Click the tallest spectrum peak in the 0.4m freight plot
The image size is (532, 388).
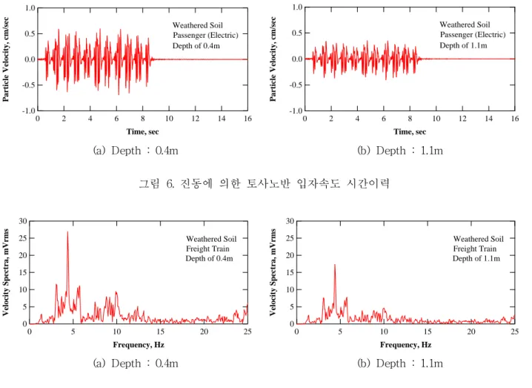coord(67,232)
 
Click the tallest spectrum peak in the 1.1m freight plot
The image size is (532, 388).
coord(335,265)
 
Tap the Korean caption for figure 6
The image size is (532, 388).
coord(264,183)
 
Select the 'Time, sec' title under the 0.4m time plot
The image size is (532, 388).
coord(142,131)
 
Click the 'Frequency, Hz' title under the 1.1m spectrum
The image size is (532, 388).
coord(406,344)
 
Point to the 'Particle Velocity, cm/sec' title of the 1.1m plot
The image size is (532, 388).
coord(273,59)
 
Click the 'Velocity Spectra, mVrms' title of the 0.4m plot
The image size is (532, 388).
coord(5,272)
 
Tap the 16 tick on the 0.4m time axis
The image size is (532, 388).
coord(247,118)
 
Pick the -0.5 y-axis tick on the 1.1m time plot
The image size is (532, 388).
coord(295,85)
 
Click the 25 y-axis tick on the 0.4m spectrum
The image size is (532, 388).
coord(23,238)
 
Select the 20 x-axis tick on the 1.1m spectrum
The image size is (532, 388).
coord(471,332)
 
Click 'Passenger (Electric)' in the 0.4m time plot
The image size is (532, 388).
coord(205,35)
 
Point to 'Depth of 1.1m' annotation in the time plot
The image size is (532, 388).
coord(463,45)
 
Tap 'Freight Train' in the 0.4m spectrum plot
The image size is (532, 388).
coord(207,249)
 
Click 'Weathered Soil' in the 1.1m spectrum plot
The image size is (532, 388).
coord(479,239)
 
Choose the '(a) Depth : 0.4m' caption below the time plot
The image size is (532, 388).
coord(136,150)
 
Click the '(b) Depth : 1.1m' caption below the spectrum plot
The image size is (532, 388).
coord(400,364)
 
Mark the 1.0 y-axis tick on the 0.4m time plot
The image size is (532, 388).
coord(30,8)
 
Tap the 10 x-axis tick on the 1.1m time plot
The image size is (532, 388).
coord(436,118)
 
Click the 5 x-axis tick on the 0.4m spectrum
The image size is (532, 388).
coord(73,332)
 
